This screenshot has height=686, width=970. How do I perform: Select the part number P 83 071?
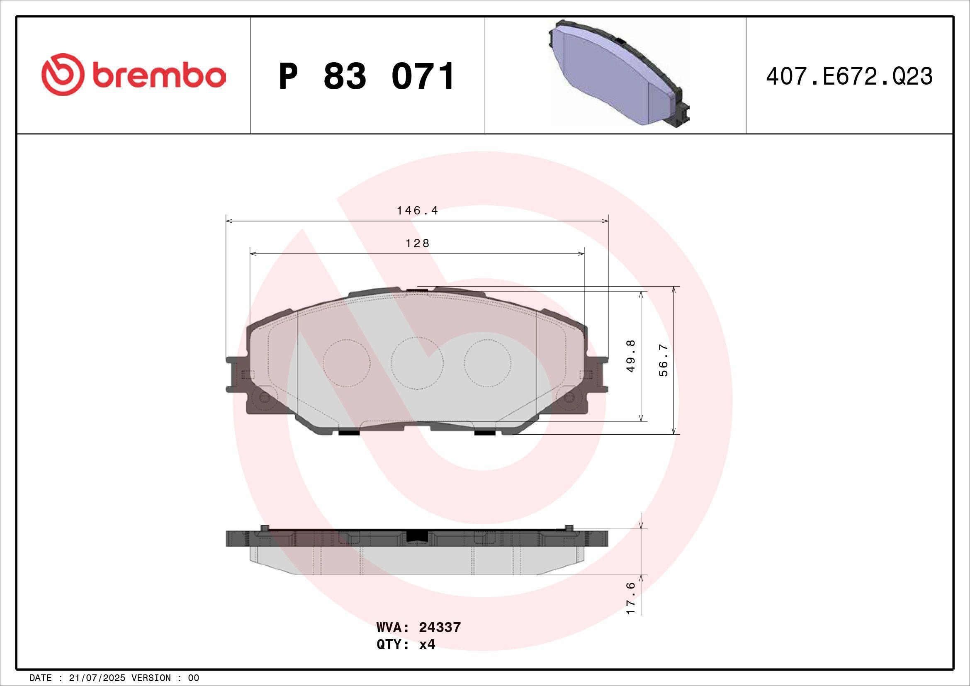pyautogui.click(x=366, y=76)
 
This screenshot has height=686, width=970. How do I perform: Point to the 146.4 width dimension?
pyautogui.click(x=417, y=210)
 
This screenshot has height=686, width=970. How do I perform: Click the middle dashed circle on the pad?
pyautogui.click(x=416, y=362)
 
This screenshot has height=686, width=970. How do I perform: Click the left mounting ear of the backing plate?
pyautogui.click(x=236, y=374)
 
